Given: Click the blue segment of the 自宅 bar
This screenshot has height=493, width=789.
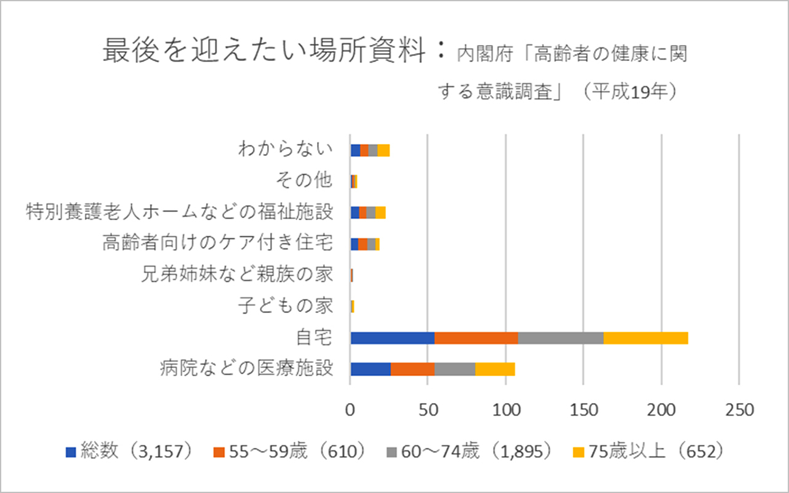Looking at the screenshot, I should [392, 338].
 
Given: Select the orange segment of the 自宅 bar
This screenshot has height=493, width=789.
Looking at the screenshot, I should [476, 338].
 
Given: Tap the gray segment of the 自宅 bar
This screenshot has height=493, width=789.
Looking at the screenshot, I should [561, 338].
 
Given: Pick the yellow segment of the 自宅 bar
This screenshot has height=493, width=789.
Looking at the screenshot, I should [646, 338].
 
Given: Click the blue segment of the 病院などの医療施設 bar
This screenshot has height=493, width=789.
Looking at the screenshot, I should [370, 369].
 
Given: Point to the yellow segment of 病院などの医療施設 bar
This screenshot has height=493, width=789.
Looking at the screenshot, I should [495, 369].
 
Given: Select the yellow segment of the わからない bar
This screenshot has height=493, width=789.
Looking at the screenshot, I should [383, 150].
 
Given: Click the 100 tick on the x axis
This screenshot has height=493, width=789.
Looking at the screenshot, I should [505, 410].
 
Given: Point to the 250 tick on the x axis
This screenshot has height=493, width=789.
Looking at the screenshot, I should [739, 410].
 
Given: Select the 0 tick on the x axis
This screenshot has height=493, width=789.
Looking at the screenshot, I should [350, 410].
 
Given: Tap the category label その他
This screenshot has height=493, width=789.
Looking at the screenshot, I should [305, 181].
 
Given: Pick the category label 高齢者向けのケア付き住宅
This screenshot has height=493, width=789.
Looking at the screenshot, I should [217, 243].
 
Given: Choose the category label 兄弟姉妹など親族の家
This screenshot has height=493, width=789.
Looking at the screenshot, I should [237, 275].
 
